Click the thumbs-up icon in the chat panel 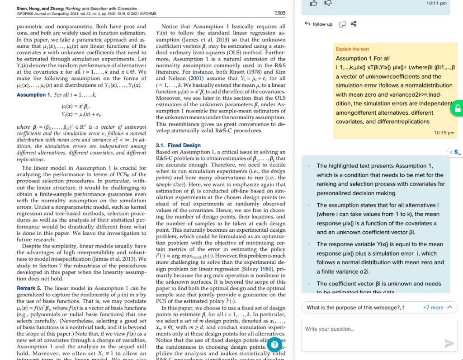point(313,4)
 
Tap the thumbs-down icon point(328,4)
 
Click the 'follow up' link point(319,24)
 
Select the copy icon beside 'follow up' point(342,24)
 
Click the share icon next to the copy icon point(354,24)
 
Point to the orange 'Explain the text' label point(352,49)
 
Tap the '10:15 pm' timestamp point(444,133)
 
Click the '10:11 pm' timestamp point(436,4)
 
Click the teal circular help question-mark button point(274,345)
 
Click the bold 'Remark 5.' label point(29,288)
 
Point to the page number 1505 point(280,13)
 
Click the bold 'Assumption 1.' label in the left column point(34,95)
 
